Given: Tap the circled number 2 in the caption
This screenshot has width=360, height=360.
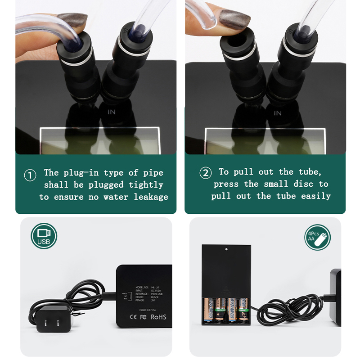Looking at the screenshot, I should pos(205,173).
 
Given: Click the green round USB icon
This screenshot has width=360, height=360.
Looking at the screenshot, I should pos(44,236).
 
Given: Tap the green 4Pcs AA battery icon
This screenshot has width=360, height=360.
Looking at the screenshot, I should pos(317,237).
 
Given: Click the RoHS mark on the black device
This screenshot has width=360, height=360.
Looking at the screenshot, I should pos(158,317).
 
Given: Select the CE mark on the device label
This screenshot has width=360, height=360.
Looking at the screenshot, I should pos(133,317).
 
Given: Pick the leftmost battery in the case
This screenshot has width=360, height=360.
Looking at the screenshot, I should pos(210,310).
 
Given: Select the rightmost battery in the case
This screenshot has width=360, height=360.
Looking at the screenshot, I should pos(243,310).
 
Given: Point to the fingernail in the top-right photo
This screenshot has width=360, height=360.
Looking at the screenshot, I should pos(234,19).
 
